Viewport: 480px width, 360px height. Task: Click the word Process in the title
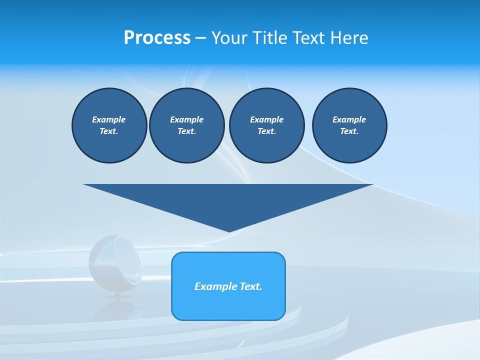tap(157, 38)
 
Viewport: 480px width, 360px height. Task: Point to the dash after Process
tap(200, 38)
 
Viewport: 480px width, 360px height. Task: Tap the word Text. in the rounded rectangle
tap(251, 286)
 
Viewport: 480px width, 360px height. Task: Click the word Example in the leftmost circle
tap(109, 119)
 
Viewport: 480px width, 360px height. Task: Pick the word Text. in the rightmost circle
tap(349, 131)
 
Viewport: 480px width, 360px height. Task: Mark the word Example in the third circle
tap(266, 119)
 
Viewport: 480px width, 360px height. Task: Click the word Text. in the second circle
tap(187, 131)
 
